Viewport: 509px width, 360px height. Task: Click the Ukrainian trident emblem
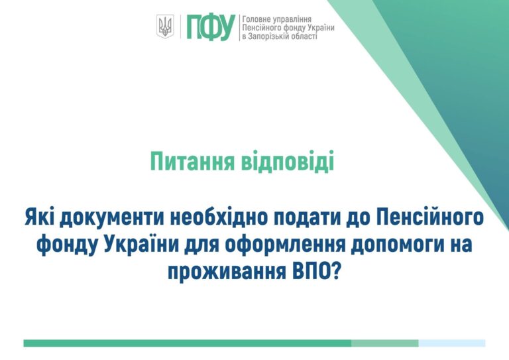(x=165, y=27)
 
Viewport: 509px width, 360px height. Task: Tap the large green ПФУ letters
(x=211, y=27)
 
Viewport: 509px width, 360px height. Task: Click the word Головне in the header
(x=257, y=19)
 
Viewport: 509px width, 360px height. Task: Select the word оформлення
(x=278, y=244)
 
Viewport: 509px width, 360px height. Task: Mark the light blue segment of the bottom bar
(x=452, y=343)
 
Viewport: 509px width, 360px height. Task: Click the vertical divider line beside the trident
(x=180, y=27)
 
